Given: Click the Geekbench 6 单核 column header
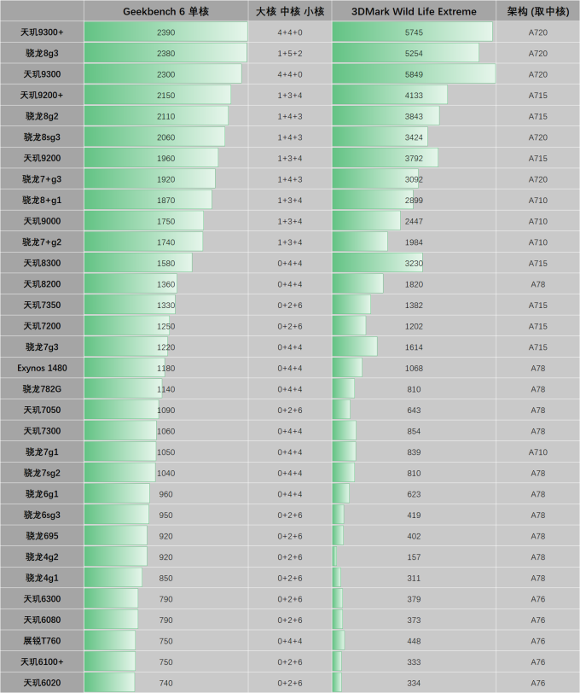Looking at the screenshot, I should coord(166,11).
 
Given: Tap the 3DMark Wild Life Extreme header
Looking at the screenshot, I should coord(414,11).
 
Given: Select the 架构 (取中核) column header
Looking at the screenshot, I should coord(537,11).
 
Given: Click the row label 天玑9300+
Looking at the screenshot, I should coord(42,32).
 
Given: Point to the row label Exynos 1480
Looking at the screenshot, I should coord(42,368).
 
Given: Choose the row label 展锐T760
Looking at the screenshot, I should coord(42,641).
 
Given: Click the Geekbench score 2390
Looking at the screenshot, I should coord(166,32).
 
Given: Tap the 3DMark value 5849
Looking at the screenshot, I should coord(414,74).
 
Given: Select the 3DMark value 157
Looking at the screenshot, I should coord(414,557).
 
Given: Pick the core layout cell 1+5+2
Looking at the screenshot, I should coord(290,53).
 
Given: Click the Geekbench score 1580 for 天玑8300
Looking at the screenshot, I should coord(166,263).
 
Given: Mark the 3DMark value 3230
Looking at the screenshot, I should coord(414,263).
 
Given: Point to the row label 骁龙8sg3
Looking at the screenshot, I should coord(42,137).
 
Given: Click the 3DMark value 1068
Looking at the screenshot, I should coord(414,368).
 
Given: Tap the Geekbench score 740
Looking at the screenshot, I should coord(166,683).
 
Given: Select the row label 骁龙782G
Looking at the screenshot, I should coord(42,389).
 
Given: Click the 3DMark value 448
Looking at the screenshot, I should coord(414,641).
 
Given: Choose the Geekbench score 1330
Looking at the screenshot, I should coord(166,306).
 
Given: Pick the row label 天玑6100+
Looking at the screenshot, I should coord(42,662).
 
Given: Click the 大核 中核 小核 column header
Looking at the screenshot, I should coord(290,11).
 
